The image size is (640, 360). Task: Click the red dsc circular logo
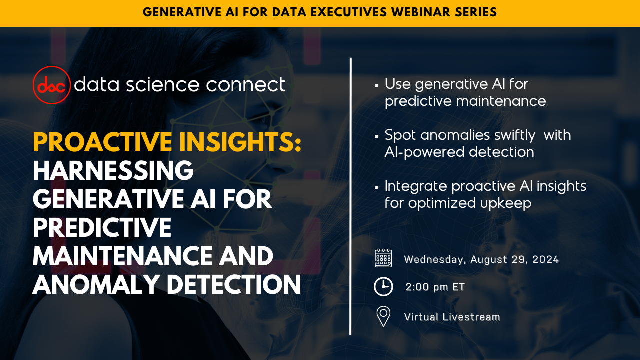(51, 85)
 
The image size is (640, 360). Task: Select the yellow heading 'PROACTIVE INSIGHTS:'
(167, 144)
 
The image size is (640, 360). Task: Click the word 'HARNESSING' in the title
(113, 172)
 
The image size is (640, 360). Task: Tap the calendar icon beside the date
(383, 258)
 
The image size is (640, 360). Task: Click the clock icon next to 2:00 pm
(383, 287)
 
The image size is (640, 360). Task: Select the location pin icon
(383, 316)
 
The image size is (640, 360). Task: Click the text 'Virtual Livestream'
(452, 317)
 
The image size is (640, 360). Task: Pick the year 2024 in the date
(545, 259)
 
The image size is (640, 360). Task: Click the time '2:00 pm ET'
(435, 287)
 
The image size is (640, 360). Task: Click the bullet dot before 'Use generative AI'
(376, 85)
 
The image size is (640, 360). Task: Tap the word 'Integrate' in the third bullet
(416, 186)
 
